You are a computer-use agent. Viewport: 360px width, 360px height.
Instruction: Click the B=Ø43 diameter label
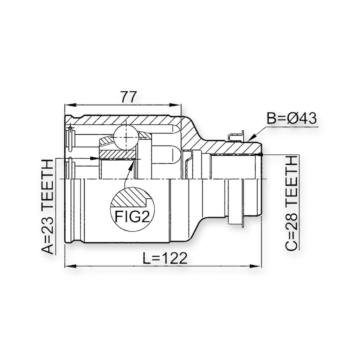[291, 118]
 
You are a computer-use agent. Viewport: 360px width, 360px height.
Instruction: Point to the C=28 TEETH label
[292, 204]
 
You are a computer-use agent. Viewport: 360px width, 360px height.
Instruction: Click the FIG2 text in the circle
[133, 216]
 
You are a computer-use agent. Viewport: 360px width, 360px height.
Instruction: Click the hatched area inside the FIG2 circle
[129, 197]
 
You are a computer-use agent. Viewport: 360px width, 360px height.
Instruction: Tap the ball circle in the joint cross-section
[126, 137]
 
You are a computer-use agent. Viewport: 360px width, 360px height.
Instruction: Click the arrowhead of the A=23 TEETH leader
[95, 158]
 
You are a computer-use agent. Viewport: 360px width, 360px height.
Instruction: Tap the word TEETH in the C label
[292, 179]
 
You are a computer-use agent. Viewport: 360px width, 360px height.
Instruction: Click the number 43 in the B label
[308, 118]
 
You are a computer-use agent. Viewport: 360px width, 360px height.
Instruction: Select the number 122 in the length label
[175, 258]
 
